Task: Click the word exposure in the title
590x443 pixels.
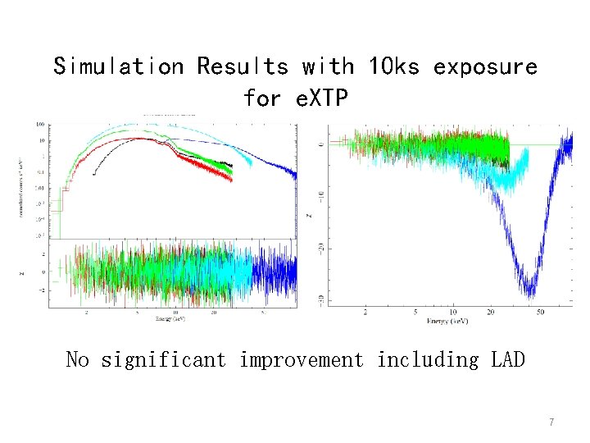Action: [485, 66]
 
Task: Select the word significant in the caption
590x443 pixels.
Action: [163, 359]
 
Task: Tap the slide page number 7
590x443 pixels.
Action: [551, 422]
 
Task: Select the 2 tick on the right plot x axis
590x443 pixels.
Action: [365, 313]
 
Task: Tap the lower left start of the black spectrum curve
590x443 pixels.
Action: [95, 173]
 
